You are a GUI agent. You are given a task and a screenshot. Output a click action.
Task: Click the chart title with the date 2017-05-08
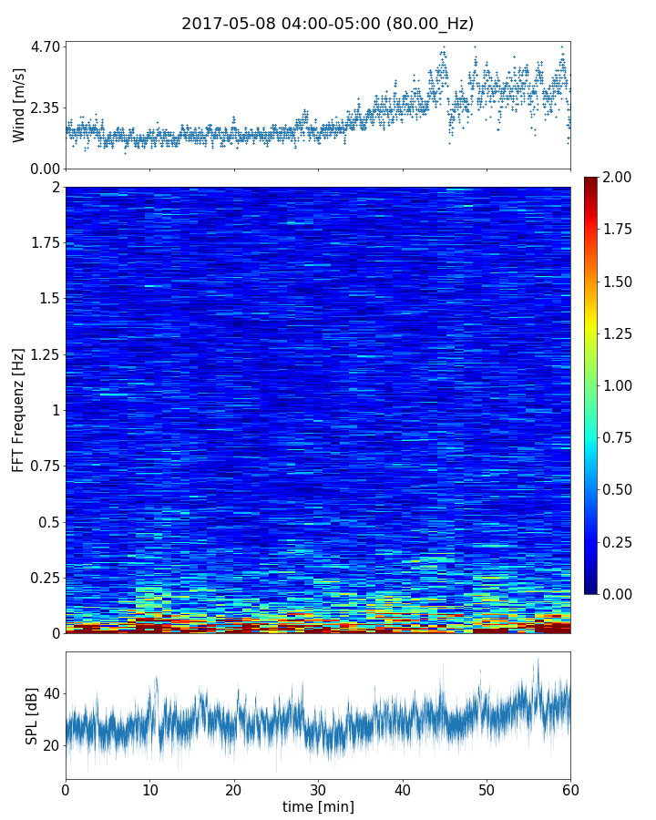[x=327, y=24]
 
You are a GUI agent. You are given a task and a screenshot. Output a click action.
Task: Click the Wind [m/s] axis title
[x=19, y=105]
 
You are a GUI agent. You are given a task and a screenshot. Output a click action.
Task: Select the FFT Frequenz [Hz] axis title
[x=19, y=410]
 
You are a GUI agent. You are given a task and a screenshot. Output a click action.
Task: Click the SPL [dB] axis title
[x=33, y=715]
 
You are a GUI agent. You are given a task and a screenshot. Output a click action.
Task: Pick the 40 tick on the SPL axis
[x=51, y=693]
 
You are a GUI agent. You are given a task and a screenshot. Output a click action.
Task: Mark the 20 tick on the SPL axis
[x=51, y=745]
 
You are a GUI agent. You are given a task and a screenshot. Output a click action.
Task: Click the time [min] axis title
[x=318, y=806]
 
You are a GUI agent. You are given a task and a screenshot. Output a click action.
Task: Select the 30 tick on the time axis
[x=318, y=788]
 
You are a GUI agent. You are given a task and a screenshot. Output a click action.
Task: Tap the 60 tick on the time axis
[x=570, y=788]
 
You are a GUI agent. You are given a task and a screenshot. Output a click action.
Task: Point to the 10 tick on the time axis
[x=149, y=788]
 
